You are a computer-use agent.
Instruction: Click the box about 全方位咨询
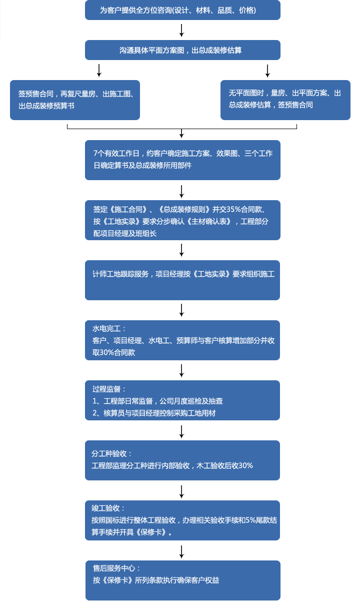click(x=182, y=10)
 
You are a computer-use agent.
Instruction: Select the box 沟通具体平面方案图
click(x=182, y=50)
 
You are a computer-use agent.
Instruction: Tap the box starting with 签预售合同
click(x=75, y=100)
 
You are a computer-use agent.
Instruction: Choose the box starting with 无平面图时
click(x=285, y=100)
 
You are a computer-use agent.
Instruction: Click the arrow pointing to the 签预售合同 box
click(x=99, y=71)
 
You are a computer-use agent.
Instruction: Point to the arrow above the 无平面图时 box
click(x=267, y=71)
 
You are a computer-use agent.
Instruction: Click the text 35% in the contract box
click(x=233, y=209)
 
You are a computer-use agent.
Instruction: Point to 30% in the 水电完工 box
click(x=106, y=352)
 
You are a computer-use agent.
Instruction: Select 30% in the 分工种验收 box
click(x=246, y=465)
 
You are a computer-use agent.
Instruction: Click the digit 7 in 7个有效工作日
click(x=95, y=153)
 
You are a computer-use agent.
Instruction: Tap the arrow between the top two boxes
click(x=182, y=31)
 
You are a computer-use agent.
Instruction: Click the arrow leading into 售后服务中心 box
click(x=182, y=551)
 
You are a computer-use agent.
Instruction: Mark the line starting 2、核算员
click(x=154, y=413)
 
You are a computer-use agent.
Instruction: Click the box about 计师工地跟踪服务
click(x=182, y=280)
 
